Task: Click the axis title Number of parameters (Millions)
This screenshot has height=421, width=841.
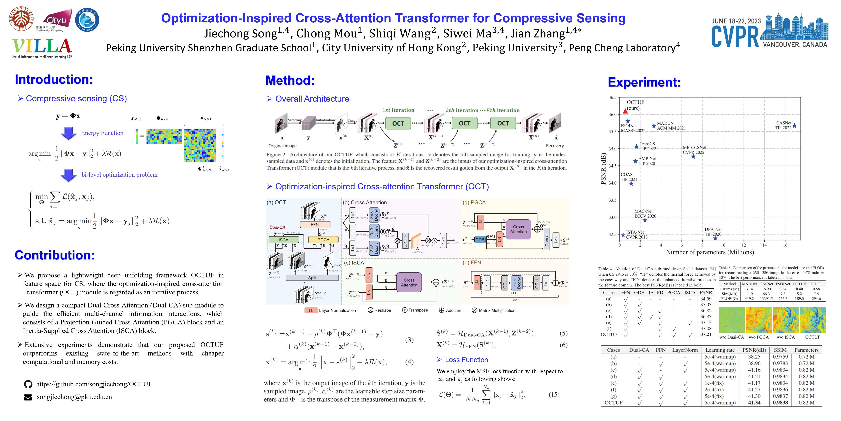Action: [710, 252]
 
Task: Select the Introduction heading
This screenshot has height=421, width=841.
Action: [54, 79]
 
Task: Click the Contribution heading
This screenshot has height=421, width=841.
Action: [55, 255]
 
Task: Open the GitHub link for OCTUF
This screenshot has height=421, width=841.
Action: [94, 384]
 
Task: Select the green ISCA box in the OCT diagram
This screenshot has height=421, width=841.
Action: [283, 240]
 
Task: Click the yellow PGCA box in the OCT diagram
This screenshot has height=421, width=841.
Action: [323, 240]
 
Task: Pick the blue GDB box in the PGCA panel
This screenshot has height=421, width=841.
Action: [480, 240]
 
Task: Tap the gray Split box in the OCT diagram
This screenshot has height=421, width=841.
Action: [312, 278]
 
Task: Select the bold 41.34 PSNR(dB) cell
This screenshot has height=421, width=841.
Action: [754, 403]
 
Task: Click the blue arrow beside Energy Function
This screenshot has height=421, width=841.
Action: [69, 133]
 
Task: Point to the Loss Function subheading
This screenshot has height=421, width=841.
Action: [466, 360]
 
